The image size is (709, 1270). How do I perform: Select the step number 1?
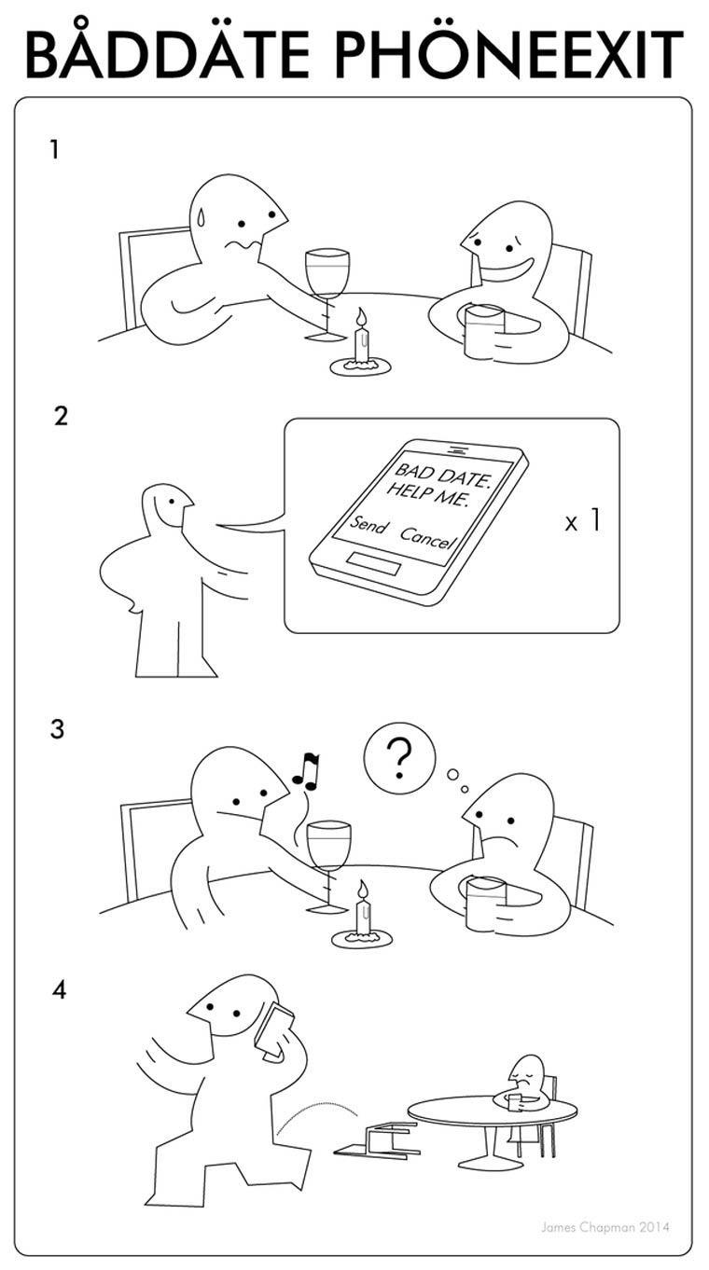coord(54,150)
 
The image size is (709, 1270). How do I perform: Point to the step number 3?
coord(57,729)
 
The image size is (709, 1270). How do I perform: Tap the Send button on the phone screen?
coord(367,524)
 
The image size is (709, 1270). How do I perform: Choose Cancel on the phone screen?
coord(427,537)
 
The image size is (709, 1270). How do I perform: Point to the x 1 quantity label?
coord(582,520)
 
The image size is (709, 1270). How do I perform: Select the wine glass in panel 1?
coord(327,295)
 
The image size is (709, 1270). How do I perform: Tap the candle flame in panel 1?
coord(361,317)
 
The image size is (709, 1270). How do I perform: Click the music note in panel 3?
coord(307,771)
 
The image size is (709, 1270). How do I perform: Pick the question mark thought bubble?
coord(399,757)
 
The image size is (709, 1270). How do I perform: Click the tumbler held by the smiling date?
coord(484,331)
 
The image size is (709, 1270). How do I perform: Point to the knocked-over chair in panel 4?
coord(377,1139)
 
